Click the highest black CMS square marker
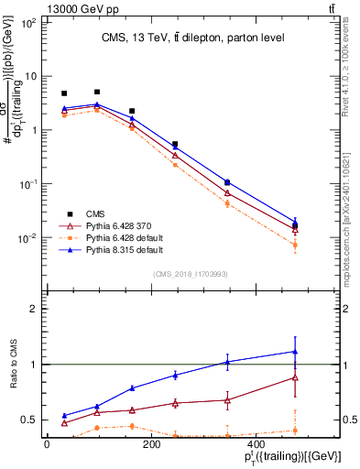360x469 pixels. [97, 92]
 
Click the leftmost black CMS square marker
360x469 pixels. [64, 93]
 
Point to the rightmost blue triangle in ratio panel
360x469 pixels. [295, 352]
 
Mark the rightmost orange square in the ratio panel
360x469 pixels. [295, 431]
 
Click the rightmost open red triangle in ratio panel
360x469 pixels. [295, 377]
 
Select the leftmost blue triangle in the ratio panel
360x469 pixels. [64, 415]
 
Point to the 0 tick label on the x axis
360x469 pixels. [47, 444]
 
